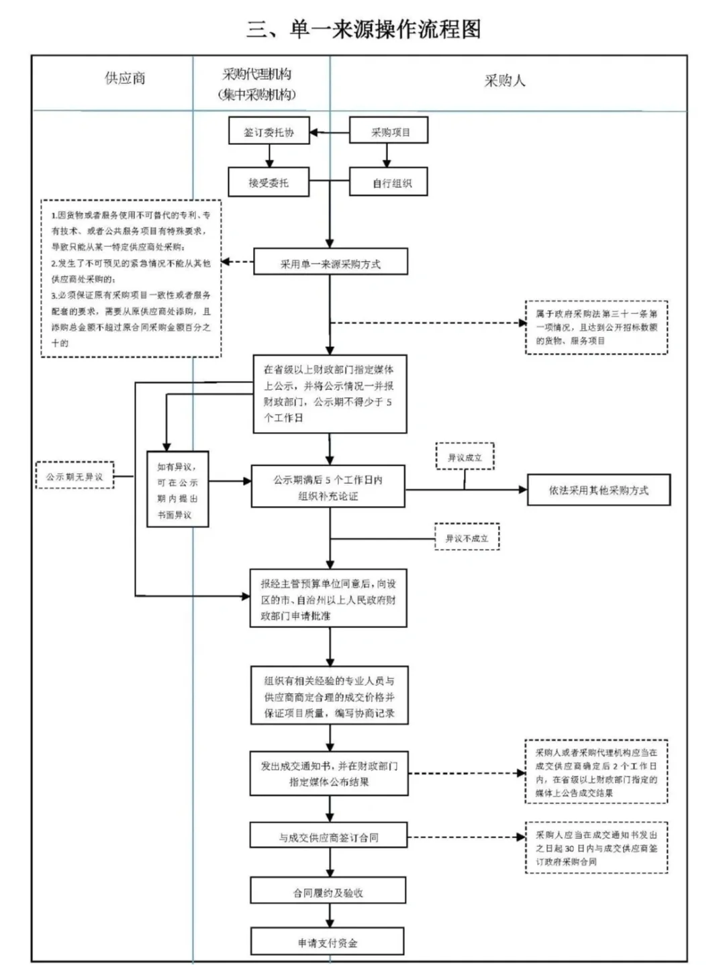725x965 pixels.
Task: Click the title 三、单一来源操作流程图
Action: tap(363, 30)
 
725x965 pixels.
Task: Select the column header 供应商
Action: tap(125, 79)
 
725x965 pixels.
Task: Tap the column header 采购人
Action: tap(505, 81)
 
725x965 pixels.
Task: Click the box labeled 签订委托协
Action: tap(269, 132)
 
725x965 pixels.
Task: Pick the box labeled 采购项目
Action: tap(389, 132)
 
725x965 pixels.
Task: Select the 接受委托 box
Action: tap(269, 183)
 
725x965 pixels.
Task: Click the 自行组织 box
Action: tap(389, 183)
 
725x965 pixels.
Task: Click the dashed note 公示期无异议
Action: tap(75, 476)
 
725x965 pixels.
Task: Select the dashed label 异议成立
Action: tap(465, 457)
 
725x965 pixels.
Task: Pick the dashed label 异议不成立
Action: tap(467, 538)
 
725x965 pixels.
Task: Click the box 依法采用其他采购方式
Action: tap(598, 491)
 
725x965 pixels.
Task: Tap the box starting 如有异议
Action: tap(178, 490)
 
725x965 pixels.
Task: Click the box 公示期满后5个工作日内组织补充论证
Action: tap(328, 488)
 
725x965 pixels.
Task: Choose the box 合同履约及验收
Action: tap(328, 893)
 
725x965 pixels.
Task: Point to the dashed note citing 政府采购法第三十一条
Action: tap(596, 327)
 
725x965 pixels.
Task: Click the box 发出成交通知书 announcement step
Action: tap(329, 774)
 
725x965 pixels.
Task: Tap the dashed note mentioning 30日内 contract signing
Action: tap(596, 848)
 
